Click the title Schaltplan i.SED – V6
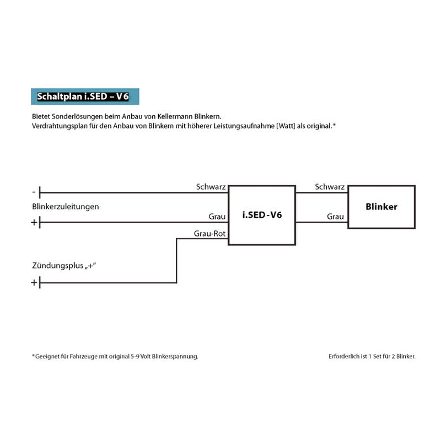(x=82, y=96)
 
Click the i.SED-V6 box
(x=262, y=214)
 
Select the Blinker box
(x=381, y=207)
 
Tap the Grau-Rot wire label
(x=209, y=234)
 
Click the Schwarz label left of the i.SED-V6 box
(x=211, y=187)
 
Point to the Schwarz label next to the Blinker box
(x=330, y=187)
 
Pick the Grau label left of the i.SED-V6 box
(x=217, y=217)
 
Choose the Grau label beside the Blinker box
(x=335, y=217)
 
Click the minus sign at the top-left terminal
(x=34, y=192)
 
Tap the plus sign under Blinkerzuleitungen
(x=34, y=223)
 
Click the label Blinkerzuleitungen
(x=66, y=207)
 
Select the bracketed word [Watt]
(x=299, y=126)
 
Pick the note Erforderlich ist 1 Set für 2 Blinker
(x=372, y=356)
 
